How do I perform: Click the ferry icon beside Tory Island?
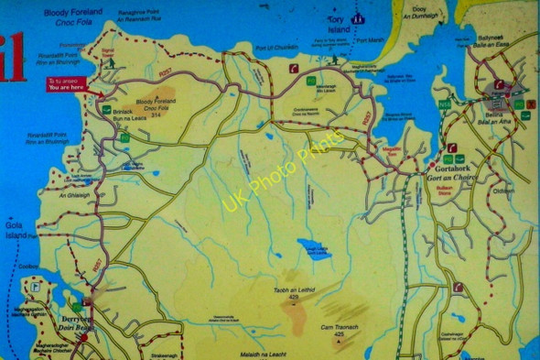[x=359, y=17]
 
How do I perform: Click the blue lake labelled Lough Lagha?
[x=314, y=248]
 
